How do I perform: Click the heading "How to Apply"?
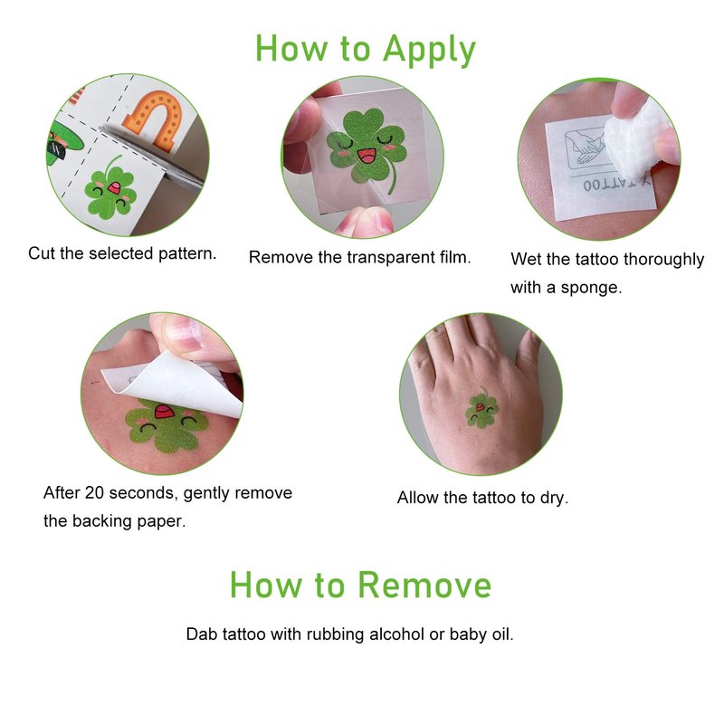366,50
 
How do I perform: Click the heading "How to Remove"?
360,585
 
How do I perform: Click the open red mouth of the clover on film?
367,156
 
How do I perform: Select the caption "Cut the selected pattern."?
122,253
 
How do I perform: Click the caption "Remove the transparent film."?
359,257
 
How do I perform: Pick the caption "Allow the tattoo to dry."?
482,498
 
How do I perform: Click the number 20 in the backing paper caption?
94,492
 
